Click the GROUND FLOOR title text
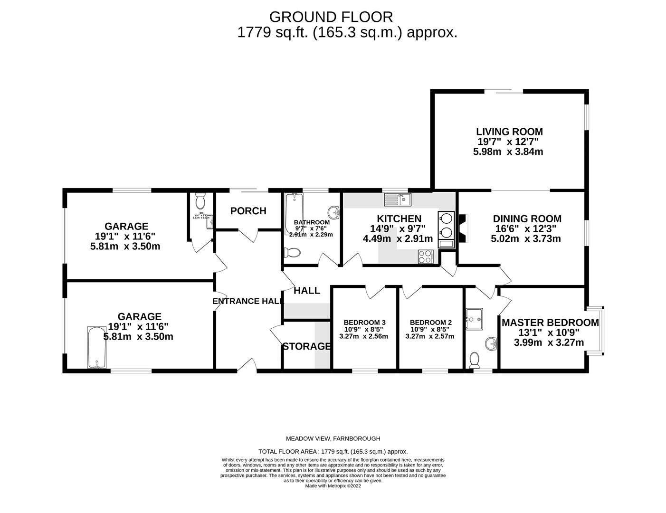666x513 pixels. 331,17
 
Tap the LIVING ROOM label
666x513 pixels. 509,132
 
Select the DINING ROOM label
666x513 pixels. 527,218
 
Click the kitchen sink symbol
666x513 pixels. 398,199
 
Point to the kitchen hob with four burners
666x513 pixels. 425,256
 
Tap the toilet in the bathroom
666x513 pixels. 291,253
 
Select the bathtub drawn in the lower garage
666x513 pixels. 97,347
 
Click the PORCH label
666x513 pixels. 248,211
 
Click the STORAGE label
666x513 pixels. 306,346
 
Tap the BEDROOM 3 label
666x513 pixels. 364,322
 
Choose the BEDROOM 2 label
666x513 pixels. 430,322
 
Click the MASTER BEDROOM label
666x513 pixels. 550,323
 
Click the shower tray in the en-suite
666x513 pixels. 474,319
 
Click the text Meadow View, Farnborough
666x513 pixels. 333,438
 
